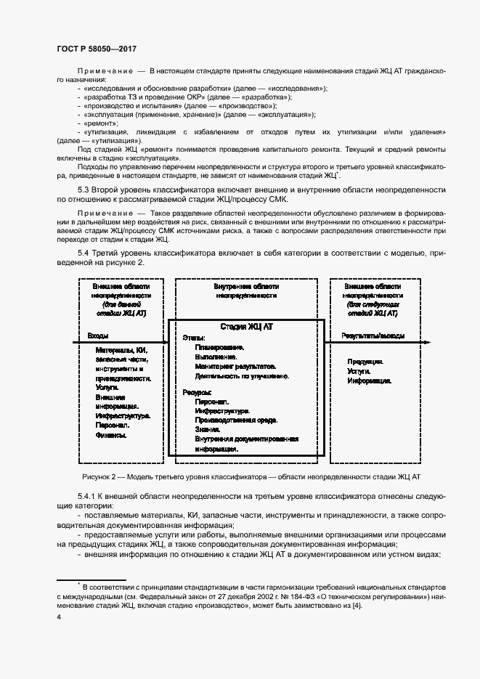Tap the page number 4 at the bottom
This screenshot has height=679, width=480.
(x=59, y=617)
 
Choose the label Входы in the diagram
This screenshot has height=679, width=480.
(x=98, y=336)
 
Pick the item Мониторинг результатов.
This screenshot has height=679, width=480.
(x=237, y=367)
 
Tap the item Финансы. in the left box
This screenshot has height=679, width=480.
(x=110, y=436)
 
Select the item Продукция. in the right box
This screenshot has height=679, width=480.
(x=365, y=362)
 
